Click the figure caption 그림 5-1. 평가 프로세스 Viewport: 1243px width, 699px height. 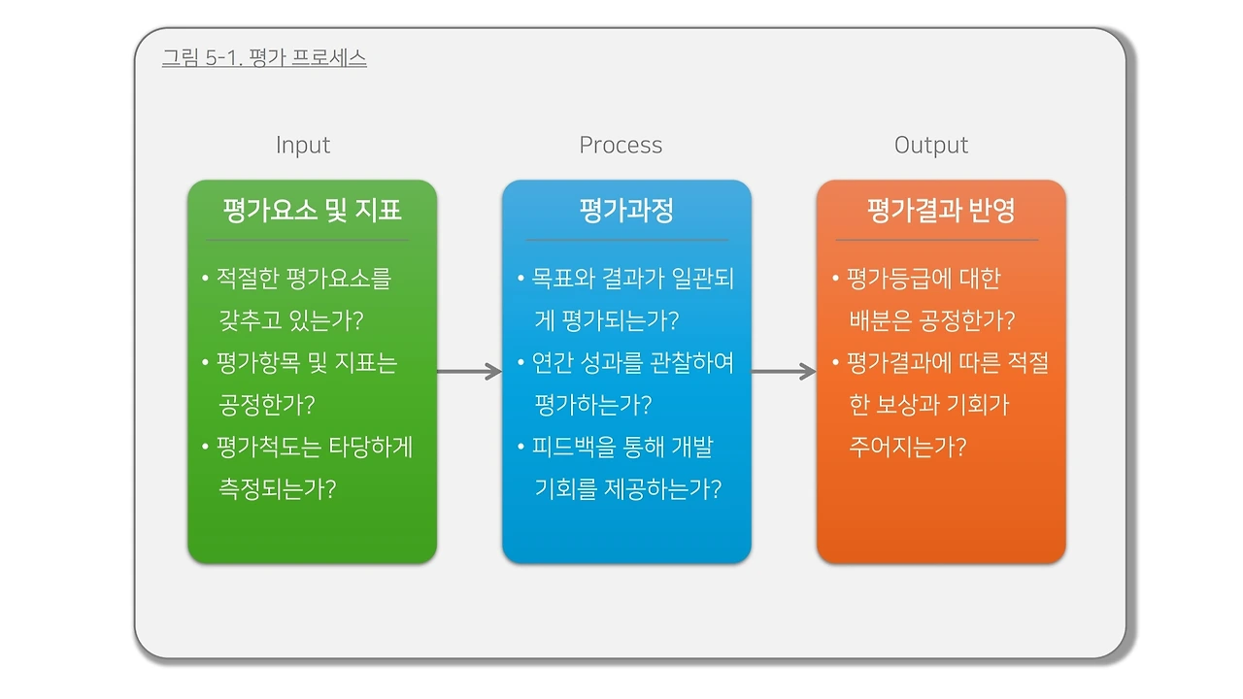(x=264, y=58)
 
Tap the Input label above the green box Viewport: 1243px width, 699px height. (x=303, y=146)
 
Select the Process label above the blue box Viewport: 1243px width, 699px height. (x=621, y=146)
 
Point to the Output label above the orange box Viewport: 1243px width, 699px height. (x=931, y=146)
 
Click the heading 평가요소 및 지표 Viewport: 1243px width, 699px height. (x=312, y=211)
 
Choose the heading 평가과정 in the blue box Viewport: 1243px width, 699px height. (x=626, y=211)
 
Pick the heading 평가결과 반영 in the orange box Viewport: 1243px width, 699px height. (x=941, y=211)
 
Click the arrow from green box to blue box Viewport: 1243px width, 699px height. (x=469, y=371)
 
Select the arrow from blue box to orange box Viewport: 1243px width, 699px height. (x=784, y=371)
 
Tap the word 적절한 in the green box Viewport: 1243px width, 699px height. (x=250, y=280)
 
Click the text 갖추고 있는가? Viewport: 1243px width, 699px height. (x=290, y=321)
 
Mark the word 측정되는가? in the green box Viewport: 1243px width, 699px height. (x=278, y=488)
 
